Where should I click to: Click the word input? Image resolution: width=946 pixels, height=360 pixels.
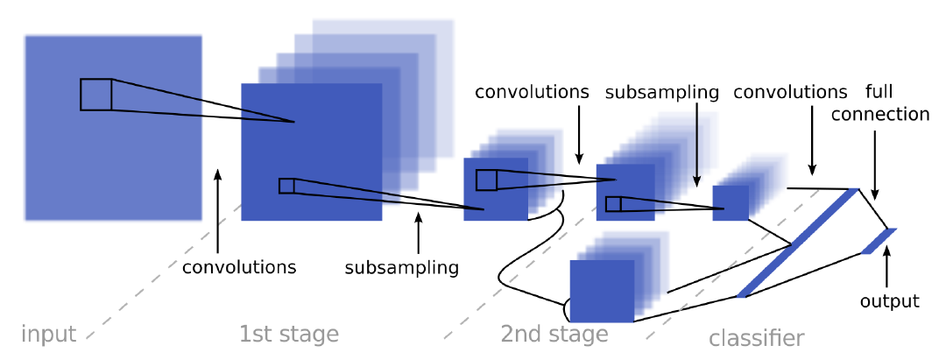48,334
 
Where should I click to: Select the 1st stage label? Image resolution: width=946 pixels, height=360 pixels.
288,334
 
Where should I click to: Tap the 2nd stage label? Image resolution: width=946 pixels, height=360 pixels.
554,334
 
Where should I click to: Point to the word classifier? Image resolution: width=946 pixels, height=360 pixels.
756,337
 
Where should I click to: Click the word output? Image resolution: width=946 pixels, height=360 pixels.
889,301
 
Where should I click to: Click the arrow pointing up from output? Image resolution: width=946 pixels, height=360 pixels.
887,267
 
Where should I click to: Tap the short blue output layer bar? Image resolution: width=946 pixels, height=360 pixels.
879,241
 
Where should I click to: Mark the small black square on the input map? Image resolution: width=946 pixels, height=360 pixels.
95,95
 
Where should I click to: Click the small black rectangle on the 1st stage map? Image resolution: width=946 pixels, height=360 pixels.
286,186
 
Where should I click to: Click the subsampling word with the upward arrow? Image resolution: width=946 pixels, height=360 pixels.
401,267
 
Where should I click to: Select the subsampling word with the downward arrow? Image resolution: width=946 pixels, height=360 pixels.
662,92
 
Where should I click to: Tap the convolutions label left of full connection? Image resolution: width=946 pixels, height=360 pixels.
791,92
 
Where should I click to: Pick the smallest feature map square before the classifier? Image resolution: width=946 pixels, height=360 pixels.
731,203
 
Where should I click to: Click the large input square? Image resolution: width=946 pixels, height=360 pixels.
114,128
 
